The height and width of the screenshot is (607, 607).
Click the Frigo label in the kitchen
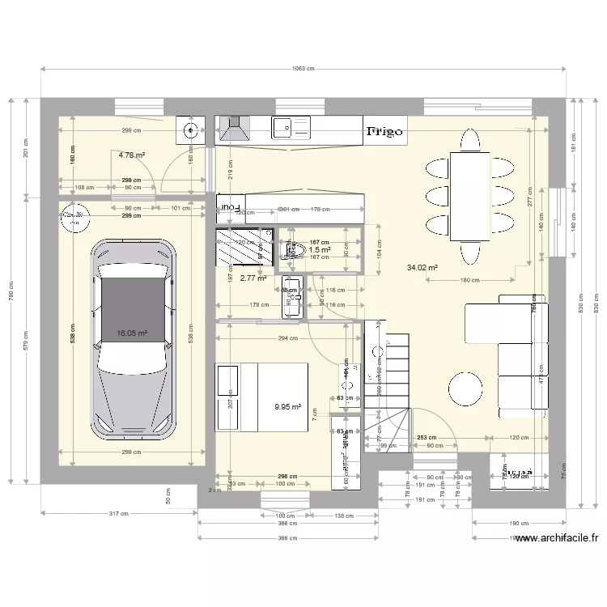point(385,130)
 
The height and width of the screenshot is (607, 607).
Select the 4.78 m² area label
point(132,155)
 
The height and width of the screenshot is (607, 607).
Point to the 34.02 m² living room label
point(422,267)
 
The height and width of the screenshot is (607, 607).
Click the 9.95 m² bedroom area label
point(287,408)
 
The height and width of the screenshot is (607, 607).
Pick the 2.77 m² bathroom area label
point(253,278)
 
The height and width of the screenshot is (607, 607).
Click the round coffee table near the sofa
point(467,388)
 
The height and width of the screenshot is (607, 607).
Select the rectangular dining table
point(470,197)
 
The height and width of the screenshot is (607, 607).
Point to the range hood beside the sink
point(235,128)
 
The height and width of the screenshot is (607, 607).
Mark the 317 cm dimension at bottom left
point(119,513)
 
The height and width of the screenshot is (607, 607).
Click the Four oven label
point(230,208)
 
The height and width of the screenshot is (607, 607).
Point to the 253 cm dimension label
point(427,437)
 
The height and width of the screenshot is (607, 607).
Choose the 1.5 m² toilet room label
point(320,250)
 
